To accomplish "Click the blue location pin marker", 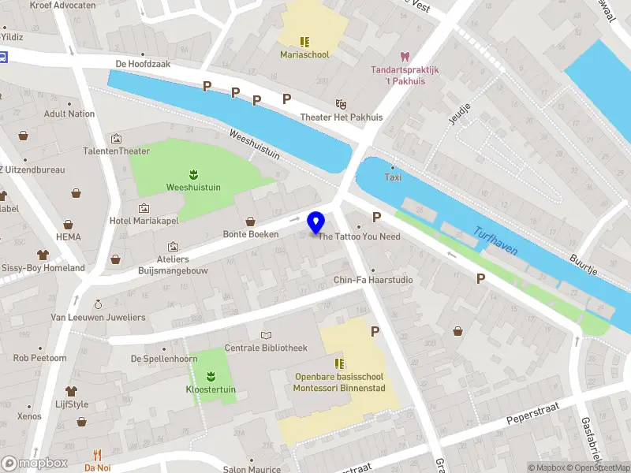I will tap(316, 222).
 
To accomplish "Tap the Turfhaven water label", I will tap(495, 241).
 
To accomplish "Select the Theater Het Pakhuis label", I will tap(341, 117).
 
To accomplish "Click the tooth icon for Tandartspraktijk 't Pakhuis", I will tap(405, 57).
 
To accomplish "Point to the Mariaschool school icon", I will tap(304, 41).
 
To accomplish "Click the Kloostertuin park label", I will tap(211, 389).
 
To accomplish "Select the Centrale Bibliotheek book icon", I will tap(266, 335).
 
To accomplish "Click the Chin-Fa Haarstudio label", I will tap(372, 280).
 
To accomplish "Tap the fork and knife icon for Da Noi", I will tap(98, 455).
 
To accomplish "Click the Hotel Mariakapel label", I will tap(142, 221).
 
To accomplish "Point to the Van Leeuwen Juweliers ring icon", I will tap(98, 304).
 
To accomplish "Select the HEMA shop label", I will tap(69, 236).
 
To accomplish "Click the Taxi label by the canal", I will tap(393, 177).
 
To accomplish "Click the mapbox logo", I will tap(35, 463).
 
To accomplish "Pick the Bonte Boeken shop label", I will tap(250, 234).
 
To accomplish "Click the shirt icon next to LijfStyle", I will tap(71, 391).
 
